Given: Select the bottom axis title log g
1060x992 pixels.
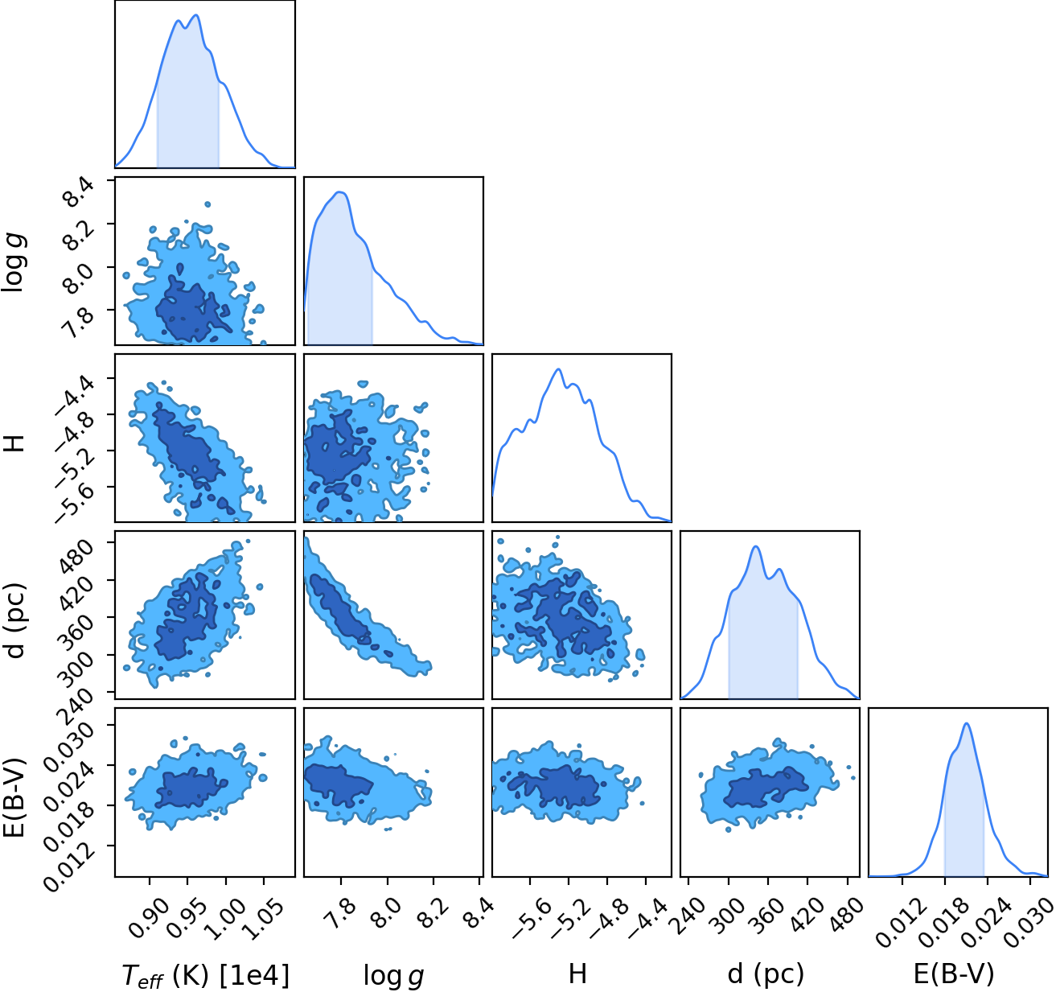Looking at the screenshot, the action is [394, 975].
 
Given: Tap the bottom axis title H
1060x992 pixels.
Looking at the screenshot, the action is [577, 973].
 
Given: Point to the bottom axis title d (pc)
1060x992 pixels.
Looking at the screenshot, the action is [766, 973].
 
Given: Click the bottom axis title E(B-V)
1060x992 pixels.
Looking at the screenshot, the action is [954, 973].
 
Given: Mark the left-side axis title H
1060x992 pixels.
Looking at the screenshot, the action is [14, 442].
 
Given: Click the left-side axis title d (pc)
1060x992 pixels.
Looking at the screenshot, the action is [14, 620].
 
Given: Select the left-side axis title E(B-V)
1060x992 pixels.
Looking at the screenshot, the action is [14, 796].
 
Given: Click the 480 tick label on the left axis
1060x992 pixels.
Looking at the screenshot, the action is [75, 556].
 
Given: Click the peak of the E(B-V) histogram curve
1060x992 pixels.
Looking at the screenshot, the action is [967, 723].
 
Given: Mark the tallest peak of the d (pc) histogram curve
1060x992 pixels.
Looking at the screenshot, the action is [755, 546].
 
